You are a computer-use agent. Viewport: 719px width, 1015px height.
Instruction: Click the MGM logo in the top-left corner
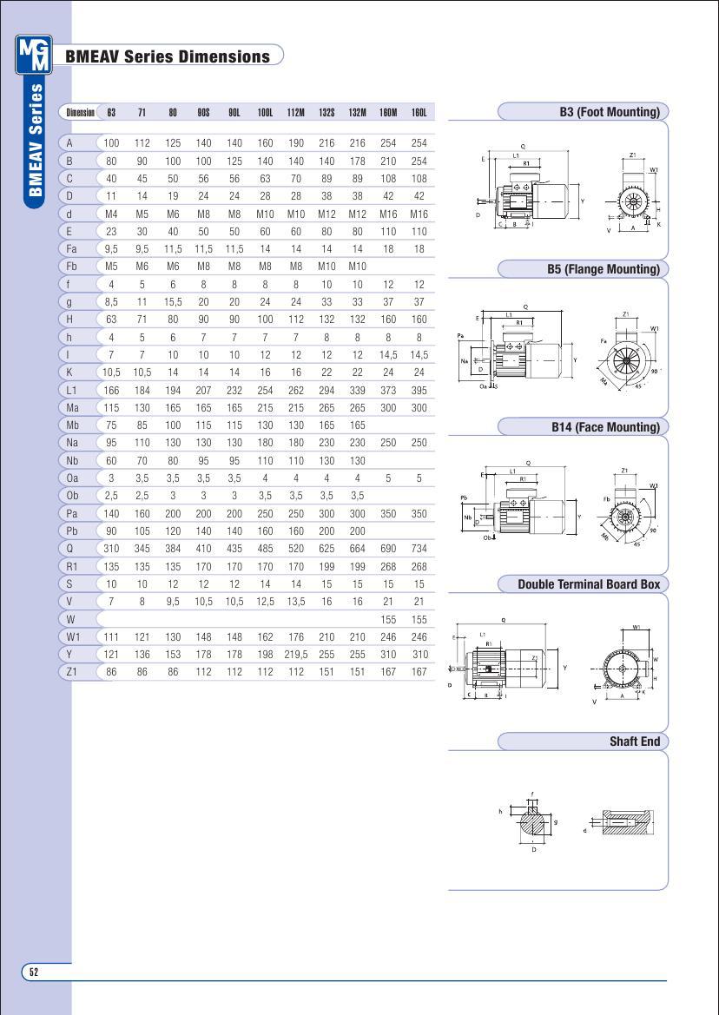(34, 56)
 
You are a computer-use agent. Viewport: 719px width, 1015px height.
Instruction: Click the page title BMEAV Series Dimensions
(168, 57)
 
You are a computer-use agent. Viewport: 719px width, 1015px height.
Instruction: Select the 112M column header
(296, 113)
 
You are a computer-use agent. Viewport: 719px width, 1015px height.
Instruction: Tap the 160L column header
(419, 113)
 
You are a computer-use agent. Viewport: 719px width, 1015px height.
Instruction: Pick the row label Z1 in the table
(72, 672)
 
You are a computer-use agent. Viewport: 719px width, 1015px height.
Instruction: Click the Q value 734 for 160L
(419, 549)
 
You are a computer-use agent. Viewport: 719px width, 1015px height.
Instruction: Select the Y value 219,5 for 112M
(296, 655)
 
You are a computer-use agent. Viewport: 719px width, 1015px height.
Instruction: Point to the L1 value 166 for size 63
(111, 390)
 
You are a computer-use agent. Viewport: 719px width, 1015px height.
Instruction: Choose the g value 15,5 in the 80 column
(173, 302)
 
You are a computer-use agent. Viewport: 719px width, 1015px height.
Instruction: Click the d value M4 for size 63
(111, 214)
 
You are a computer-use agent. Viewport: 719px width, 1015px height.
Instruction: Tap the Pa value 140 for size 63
(111, 513)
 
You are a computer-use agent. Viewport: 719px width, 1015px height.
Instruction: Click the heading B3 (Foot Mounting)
(610, 112)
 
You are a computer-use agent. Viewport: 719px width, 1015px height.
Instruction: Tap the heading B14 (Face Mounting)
(605, 427)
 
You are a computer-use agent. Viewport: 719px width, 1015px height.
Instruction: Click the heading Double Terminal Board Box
(589, 584)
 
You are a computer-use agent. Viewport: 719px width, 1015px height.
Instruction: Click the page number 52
(34, 972)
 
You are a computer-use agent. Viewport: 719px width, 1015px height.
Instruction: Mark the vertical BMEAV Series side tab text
(36, 139)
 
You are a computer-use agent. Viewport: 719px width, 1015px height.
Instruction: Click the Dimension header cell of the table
(80, 113)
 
